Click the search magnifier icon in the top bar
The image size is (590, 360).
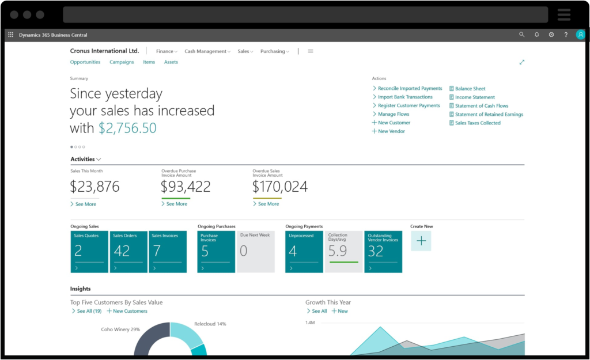pyautogui.click(x=521, y=35)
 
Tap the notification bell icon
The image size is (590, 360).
pyautogui.click(x=536, y=35)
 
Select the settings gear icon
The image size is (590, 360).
pyautogui.click(x=551, y=35)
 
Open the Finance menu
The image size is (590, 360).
pyautogui.click(x=166, y=51)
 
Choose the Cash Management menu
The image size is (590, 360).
pyautogui.click(x=207, y=51)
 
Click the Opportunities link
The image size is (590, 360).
pyautogui.click(x=85, y=62)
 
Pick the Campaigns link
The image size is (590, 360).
pyautogui.click(x=122, y=62)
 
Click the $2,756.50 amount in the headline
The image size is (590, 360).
pyautogui.click(x=127, y=128)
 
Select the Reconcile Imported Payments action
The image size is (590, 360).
pyautogui.click(x=410, y=89)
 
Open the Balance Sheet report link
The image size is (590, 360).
pyautogui.click(x=470, y=89)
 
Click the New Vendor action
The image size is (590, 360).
pyautogui.click(x=391, y=131)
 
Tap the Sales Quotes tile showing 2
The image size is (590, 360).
pyautogui.click(x=89, y=252)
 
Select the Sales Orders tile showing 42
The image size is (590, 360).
pyautogui.click(x=128, y=252)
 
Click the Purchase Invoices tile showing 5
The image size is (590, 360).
pyautogui.click(x=216, y=252)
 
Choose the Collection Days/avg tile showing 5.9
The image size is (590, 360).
pyautogui.click(x=344, y=252)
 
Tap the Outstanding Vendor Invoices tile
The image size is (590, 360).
pyautogui.click(x=383, y=252)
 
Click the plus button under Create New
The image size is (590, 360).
pyautogui.click(x=421, y=241)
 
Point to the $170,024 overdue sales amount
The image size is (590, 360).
pyautogui.click(x=280, y=187)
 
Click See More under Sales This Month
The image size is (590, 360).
pyautogui.click(x=85, y=204)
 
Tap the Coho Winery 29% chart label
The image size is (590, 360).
pyautogui.click(x=120, y=329)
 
